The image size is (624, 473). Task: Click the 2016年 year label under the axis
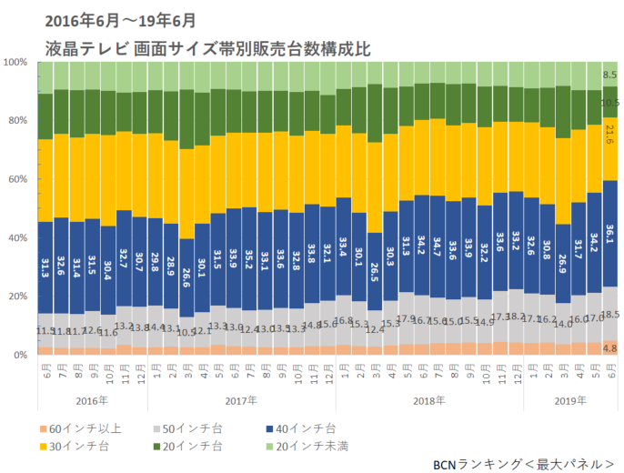(x=92, y=399)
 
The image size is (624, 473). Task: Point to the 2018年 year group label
(x=429, y=399)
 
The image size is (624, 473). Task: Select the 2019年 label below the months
(x=570, y=399)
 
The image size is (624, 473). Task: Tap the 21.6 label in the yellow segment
(x=609, y=135)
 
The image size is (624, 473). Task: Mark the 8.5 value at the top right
(x=609, y=75)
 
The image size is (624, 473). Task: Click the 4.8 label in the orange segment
(x=609, y=347)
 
